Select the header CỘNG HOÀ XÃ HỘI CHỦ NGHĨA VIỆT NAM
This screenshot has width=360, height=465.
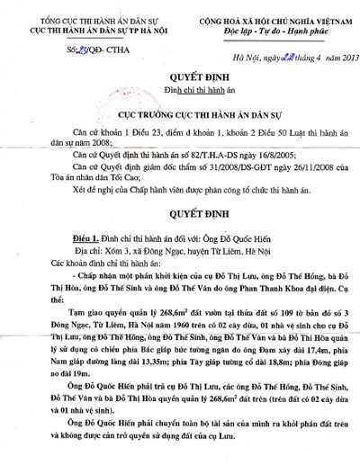264,8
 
